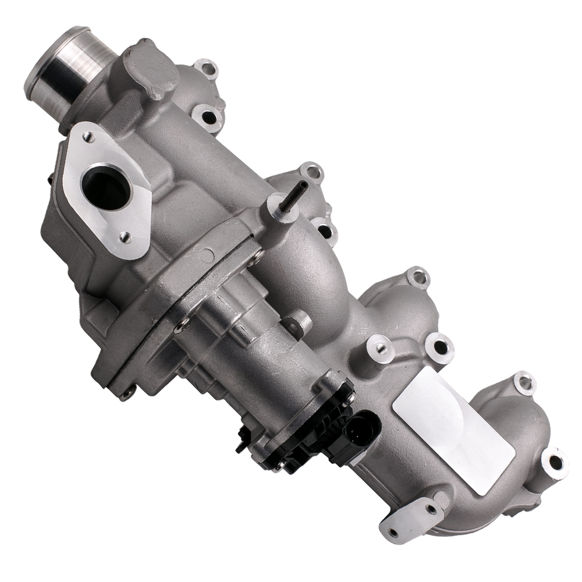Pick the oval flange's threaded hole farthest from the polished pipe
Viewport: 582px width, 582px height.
tap(123, 236)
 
